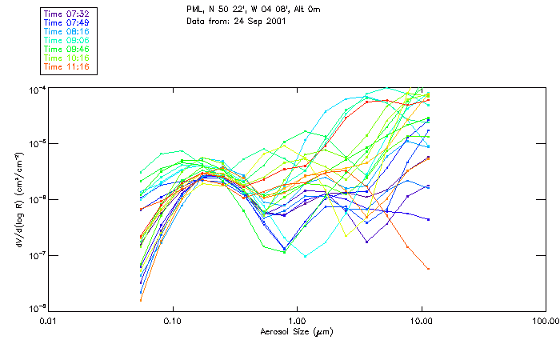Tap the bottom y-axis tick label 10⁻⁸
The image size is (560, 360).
36,309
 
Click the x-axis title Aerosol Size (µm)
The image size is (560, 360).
296,331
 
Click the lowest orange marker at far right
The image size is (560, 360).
429,269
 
